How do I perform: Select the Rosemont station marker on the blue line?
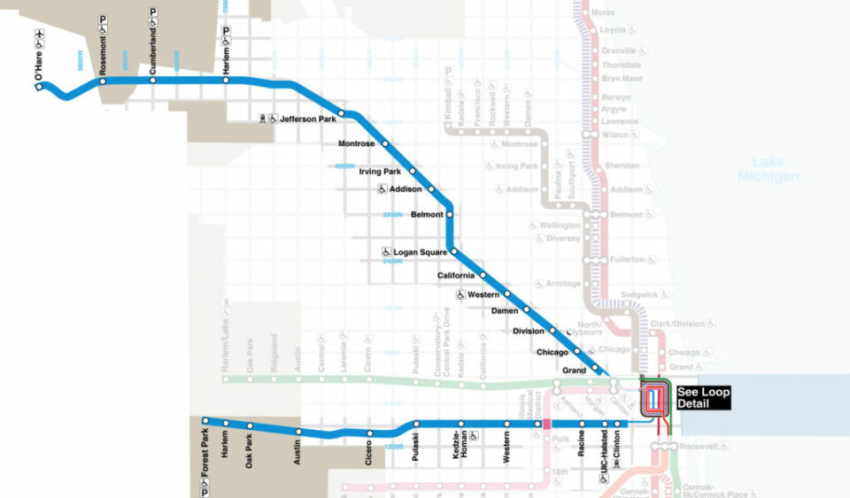103,81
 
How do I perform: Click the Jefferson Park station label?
308,119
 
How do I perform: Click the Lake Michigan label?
768,169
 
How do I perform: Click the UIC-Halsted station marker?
605,425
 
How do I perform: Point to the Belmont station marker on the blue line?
450,214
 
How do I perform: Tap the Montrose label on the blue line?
357,143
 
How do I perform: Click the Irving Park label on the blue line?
380,171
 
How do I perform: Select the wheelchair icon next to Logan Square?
386,252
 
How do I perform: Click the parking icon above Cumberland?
152,12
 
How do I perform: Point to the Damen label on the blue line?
505,311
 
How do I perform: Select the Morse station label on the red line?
602,12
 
